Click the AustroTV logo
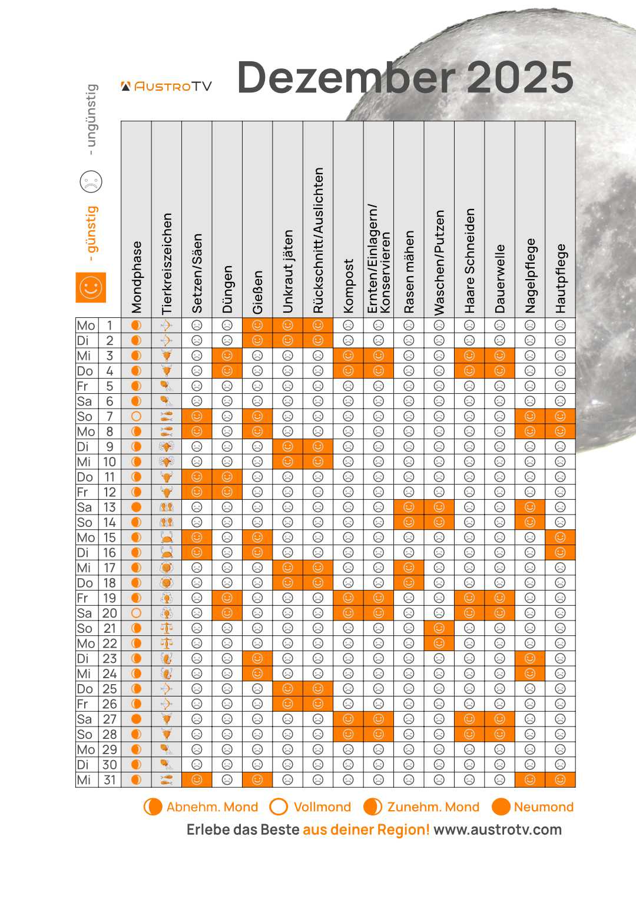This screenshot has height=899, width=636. (166, 87)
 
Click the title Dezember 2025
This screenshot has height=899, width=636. (405, 77)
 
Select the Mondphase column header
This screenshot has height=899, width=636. (136, 277)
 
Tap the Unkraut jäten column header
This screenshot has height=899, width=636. (287, 271)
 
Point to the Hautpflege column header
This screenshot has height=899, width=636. (560, 278)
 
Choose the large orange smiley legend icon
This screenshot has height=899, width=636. (91, 287)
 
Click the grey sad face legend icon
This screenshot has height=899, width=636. (91, 181)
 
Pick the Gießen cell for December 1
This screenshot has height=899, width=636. (257, 325)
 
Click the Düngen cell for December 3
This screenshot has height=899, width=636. (227, 356)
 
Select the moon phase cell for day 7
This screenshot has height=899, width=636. (136, 416)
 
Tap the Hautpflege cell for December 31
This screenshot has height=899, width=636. (560, 779)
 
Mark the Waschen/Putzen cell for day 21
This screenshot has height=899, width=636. (439, 628)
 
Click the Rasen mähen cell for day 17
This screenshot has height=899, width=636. (409, 568)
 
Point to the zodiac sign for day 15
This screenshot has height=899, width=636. (167, 538)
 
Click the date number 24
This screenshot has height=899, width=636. (110, 674)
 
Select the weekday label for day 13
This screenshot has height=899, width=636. (84, 507)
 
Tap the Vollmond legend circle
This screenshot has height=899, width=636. (278, 807)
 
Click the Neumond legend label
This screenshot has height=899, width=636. (543, 807)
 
